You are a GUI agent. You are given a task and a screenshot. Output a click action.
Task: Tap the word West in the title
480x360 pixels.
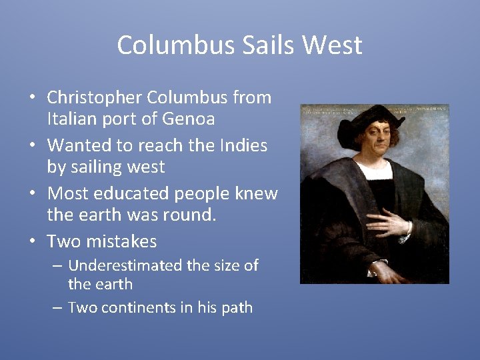331,45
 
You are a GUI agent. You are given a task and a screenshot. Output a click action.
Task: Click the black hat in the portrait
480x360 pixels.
370,120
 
